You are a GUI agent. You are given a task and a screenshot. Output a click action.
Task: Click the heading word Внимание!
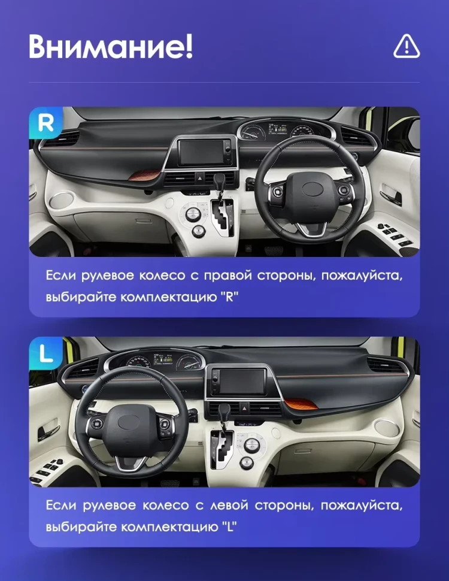pyautogui.click(x=111, y=47)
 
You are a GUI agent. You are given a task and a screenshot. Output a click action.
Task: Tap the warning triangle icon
pyautogui.click(x=406, y=46)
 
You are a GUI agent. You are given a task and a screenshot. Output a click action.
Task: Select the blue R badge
pyautogui.click(x=45, y=123)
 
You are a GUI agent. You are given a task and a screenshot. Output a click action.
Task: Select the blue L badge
pyautogui.click(x=45, y=353)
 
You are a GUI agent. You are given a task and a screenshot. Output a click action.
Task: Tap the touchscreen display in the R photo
pyautogui.click(x=207, y=151)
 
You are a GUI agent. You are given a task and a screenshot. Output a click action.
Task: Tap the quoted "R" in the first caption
pyautogui.click(x=229, y=298)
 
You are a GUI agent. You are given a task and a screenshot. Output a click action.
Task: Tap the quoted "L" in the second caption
pyautogui.click(x=227, y=528)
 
